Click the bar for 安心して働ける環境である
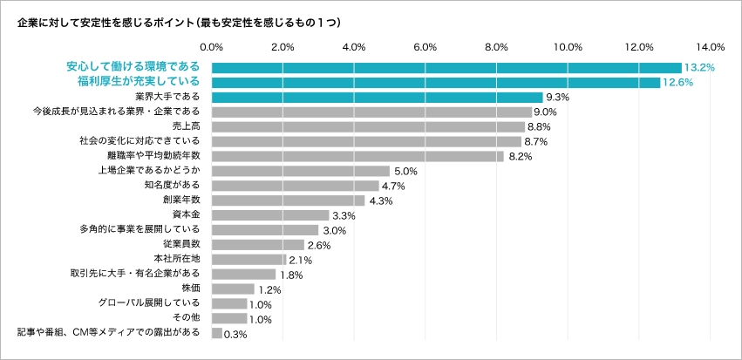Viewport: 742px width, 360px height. (446, 67)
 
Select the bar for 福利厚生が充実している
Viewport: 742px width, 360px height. (436, 82)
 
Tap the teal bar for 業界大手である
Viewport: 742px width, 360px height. (377, 97)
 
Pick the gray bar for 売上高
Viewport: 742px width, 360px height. (368, 126)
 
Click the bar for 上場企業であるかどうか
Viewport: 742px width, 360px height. (301, 171)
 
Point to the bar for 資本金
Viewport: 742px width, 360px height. (270, 215)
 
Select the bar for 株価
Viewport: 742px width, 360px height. (233, 289)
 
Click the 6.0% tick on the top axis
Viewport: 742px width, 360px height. (425, 46)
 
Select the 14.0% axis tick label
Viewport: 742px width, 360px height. (711, 46)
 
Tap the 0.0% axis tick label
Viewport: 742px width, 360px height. (212, 46)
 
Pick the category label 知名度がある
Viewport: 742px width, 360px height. (172, 185)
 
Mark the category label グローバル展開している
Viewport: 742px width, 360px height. (151, 303)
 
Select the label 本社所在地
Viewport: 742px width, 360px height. (177, 259)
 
